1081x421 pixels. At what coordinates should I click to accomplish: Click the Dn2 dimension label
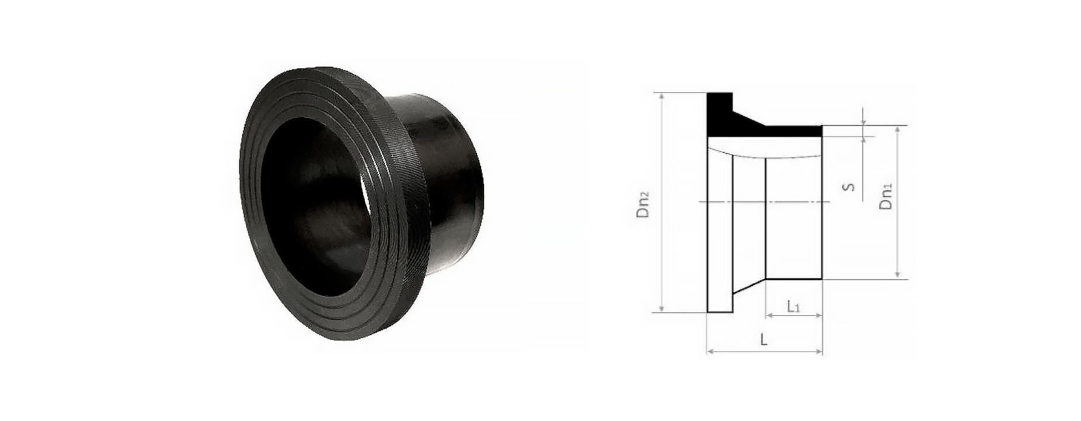coord(644,203)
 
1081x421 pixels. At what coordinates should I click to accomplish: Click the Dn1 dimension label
coord(887,197)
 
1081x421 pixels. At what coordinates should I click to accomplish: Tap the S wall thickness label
coord(851,186)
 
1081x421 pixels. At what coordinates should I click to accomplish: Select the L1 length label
coord(793,305)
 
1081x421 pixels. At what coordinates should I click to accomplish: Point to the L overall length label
coord(764,340)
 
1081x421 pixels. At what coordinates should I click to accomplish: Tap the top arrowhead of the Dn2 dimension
coord(661,96)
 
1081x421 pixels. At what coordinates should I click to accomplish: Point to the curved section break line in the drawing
coord(766,156)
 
